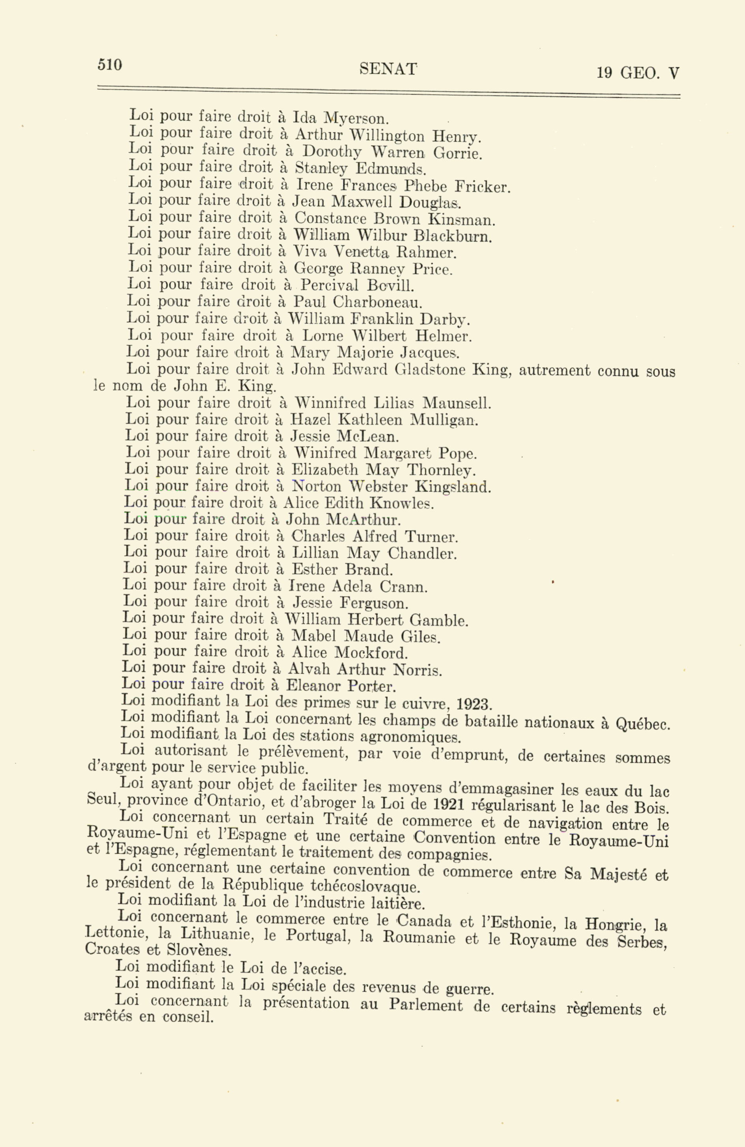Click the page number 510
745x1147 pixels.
click(x=110, y=65)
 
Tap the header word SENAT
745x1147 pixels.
click(x=387, y=70)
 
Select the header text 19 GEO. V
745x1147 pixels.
click(x=638, y=73)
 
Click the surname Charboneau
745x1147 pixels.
click(x=378, y=303)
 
